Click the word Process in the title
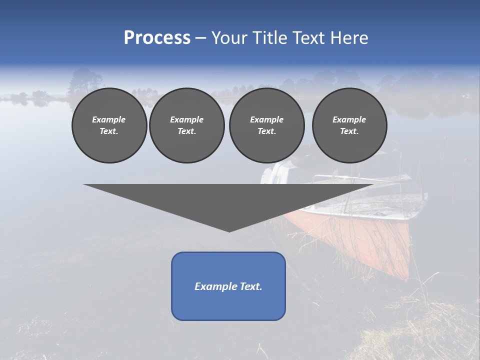pyautogui.click(x=157, y=38)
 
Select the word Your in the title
pyautogui.click(x=228, y=38)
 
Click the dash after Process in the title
pyautogui.click(x=200, y=38)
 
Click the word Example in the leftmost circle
pyautogui.click(x=109, y=119)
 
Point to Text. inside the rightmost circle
pyautogui.click(x=349, y=131)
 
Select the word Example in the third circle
pyautogui.click(x=266, y=119)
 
